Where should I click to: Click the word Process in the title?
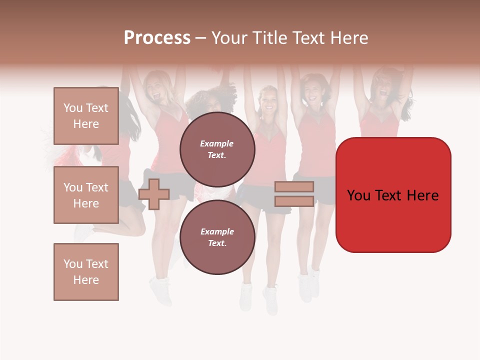click(157, 38)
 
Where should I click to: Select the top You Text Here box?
click(86, 116)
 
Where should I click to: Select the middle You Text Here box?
click(86, 195)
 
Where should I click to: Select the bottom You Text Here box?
click(86, 272)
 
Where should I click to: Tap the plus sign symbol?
click(154, 194)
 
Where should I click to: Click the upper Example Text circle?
click(217, 149)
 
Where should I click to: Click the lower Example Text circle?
click(217, 237)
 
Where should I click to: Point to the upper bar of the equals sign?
click(294, 187)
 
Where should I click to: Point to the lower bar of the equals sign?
click(294, 201)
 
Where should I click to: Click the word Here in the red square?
click(422, 195)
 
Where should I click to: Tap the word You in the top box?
click(73, 108)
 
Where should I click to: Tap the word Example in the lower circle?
click(217, 231)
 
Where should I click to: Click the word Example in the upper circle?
click(217, 143)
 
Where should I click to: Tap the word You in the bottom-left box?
click(73, 264)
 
